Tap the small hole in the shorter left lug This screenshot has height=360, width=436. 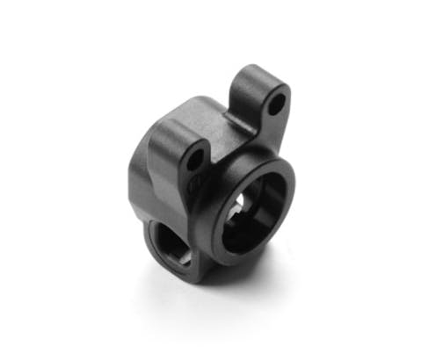[x=195, y=159]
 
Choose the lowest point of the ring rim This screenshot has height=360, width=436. [x=238, y=263]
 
